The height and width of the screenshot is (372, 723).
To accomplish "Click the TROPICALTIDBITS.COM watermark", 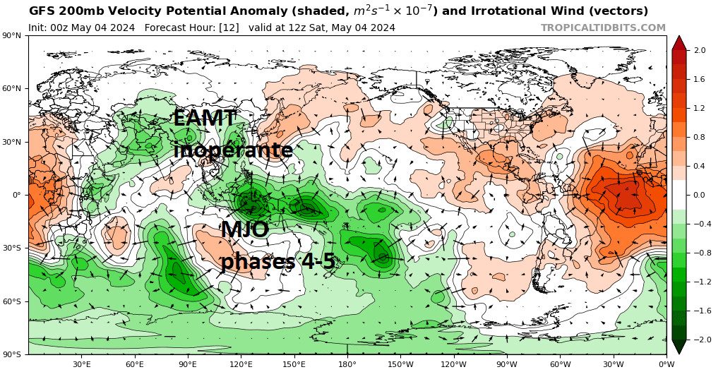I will point(603,28).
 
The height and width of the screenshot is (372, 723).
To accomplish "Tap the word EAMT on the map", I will point(205,119).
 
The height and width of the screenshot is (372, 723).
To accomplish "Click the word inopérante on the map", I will point(233,150).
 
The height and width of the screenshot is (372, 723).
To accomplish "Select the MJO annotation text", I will point(244,230).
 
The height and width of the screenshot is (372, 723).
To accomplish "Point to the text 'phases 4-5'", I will point(277,261).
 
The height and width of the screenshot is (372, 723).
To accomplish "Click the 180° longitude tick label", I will point(347,364).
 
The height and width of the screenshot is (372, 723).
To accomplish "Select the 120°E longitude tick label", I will point(241,364).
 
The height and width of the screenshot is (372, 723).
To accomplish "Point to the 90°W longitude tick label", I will point(507,364).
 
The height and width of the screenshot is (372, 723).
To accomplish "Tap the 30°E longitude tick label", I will point(82,364).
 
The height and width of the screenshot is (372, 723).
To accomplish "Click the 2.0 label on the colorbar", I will point(700,51).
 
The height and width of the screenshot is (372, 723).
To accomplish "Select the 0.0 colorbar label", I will point(700,196).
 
